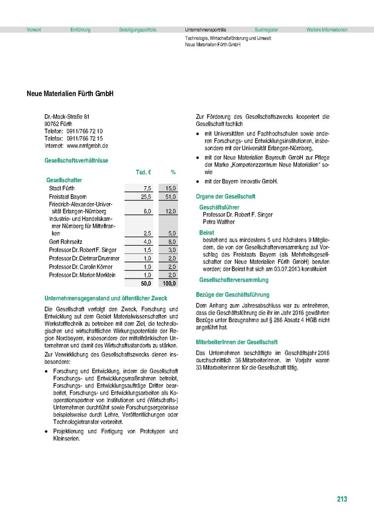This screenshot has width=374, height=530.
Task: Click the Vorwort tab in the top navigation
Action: click(34, 29)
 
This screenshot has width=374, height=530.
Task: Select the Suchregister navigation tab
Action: click(266, 29)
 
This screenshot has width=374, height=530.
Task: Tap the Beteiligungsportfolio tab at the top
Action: click(138, 29)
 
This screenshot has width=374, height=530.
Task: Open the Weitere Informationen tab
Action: click(327, 29)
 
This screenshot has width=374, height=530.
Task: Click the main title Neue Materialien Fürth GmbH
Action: click(70, 94)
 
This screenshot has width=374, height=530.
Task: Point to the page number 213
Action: click(342, 499)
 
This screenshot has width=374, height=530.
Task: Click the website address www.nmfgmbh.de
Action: click(88, 145)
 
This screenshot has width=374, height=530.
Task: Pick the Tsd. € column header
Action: click(144, 172)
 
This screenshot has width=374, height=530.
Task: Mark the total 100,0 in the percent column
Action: click(169, 283)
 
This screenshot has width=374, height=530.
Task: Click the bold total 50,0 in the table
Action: click(146, 283)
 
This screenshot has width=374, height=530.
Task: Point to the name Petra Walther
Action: click(218, 223)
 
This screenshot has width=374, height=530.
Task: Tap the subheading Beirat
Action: click(206, 233)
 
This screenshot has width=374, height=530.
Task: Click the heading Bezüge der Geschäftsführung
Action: click(232, 294)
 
